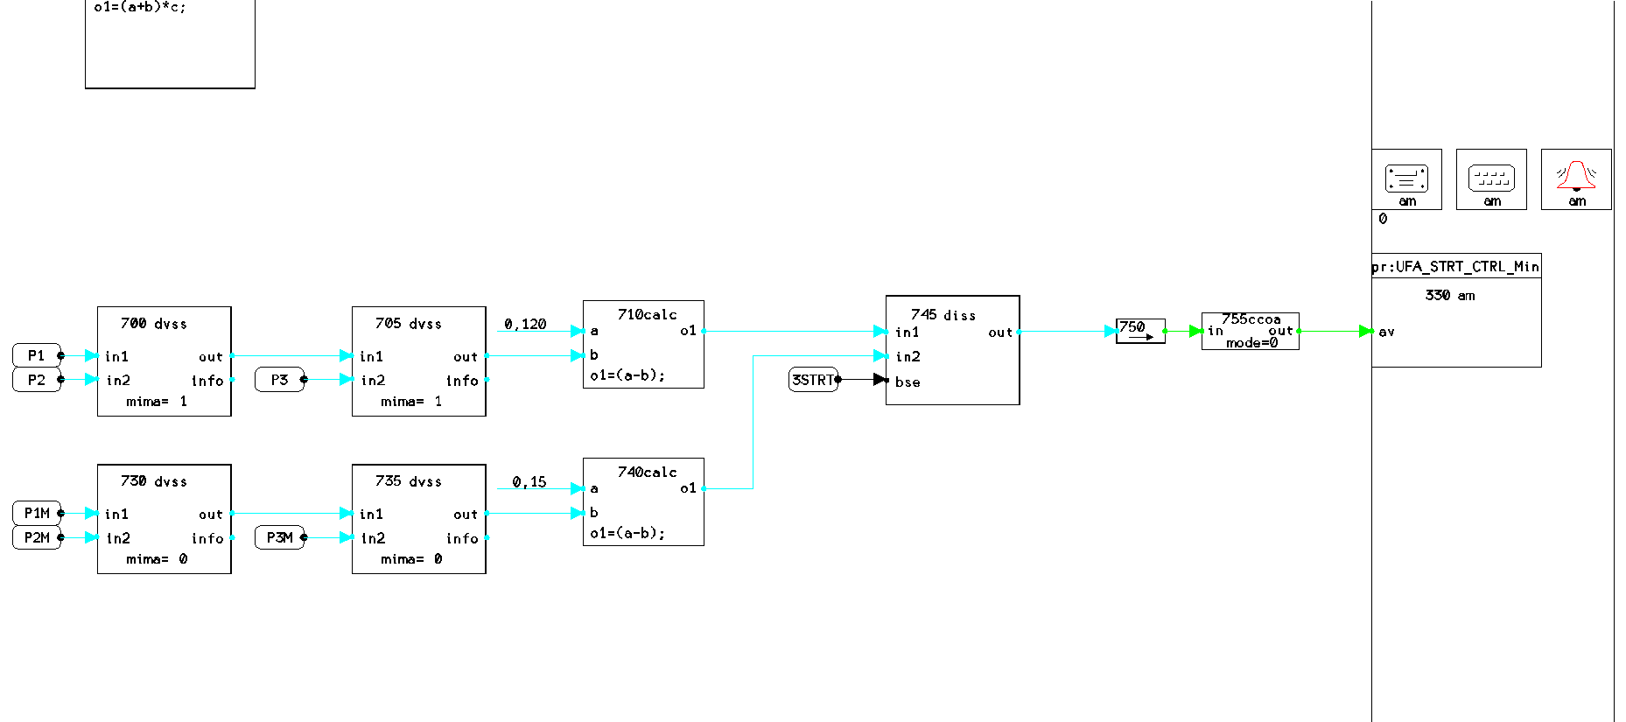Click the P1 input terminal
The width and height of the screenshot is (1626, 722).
36,355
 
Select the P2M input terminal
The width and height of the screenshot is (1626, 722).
37,537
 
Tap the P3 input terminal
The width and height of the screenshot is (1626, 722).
279,380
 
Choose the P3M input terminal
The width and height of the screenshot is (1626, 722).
279,537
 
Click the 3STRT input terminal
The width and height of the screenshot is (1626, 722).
813,380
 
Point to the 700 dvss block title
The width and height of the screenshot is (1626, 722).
154,324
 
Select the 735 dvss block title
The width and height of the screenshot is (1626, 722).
409,481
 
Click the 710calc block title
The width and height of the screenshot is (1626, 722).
648,314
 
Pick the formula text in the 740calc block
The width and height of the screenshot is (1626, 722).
627,533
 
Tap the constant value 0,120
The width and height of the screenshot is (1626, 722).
525,324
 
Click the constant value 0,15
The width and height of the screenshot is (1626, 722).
529,481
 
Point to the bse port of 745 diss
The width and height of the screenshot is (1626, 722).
908,382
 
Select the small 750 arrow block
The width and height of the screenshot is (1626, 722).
1140,331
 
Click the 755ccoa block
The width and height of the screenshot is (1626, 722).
1251,331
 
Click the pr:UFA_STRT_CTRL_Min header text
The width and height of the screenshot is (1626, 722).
1456,266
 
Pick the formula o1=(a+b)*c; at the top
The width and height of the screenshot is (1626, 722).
140,7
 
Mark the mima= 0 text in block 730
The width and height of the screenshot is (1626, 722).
157,559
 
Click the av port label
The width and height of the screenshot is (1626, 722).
1386,332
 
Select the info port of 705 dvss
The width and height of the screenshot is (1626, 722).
462,381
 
